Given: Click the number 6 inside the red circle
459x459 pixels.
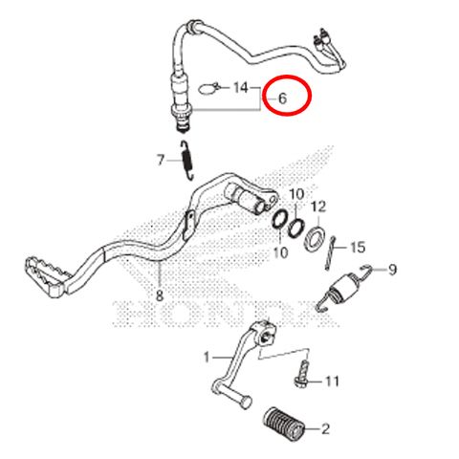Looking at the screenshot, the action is click(x=282, y=98).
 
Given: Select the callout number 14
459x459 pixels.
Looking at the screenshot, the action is click(x=241, y=87).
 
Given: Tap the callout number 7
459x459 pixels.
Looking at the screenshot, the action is click(x=161, y=160).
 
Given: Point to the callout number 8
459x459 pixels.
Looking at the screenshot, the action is click(x=160, y=295).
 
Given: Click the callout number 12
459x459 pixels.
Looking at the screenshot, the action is click(x=318, y=207).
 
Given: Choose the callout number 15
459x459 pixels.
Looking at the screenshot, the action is click(x=358, y=248).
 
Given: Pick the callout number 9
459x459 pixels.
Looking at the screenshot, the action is click(x=392, y=270).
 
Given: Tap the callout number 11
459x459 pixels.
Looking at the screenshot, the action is click(x=332, y=381).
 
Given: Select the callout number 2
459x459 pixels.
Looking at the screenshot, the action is click(x=325, y=429).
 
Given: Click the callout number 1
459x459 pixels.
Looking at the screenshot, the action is click(x=207, y=357).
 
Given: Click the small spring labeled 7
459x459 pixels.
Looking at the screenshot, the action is click(x=187, y=161).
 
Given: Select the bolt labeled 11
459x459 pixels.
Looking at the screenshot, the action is click(x=302, y=374).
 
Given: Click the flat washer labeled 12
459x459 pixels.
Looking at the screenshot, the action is click(x=315, y=237).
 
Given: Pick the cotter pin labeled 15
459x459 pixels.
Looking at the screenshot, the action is click(x=330, y=253).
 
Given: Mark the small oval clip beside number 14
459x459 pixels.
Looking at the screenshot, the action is click(x=208, y=88).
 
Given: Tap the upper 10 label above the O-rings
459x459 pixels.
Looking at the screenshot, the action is click(x=296, y=194).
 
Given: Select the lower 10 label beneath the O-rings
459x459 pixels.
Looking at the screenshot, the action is click(x=280, y=253).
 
